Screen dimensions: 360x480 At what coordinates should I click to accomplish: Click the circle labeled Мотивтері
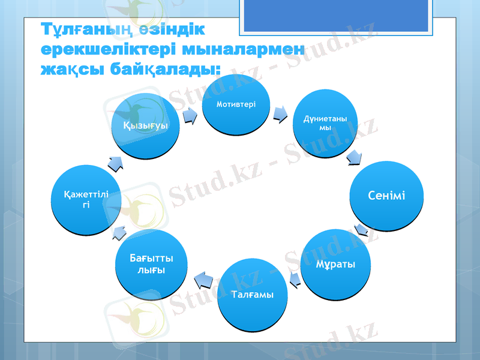coord(236,106)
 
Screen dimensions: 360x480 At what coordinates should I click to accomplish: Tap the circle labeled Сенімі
coord(386,196)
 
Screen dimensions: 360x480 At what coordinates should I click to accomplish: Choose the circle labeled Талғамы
coord(252,294)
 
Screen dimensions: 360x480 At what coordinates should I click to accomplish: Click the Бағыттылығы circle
coord(148,265)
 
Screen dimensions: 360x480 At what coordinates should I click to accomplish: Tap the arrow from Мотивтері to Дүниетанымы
coord(280,114)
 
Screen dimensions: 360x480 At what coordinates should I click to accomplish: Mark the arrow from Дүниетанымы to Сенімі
coord(354,157)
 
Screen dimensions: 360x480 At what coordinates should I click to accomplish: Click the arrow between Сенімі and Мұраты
coord(361,230)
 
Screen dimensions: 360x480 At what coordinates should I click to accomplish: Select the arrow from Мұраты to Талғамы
coord(295,278)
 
